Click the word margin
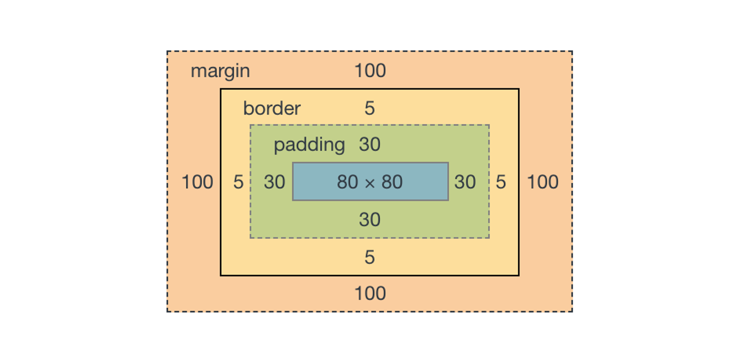click(x=220, y=71)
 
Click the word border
click(x=272, y=108)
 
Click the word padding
click(x=309, y=145)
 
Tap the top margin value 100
click(x=370, y=71)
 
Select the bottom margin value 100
click(x=370, y=293)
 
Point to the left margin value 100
click(x=197, y=182)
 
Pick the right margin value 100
click(x=542, y=182)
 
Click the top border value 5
click(x=369, y=108)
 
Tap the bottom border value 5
click(x=369, y=257)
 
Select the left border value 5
click(x=238, y=182)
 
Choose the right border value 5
click(x=500, y=182)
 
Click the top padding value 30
click(x=369, y=145)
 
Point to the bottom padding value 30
click(x=369, y=220)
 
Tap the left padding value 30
click(x=274, y=182)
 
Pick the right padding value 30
click(x=465, y=182)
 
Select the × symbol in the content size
click(x=370, y=183)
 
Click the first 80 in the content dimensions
click(x=347, y=182)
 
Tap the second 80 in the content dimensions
click(x=392, y=182)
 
